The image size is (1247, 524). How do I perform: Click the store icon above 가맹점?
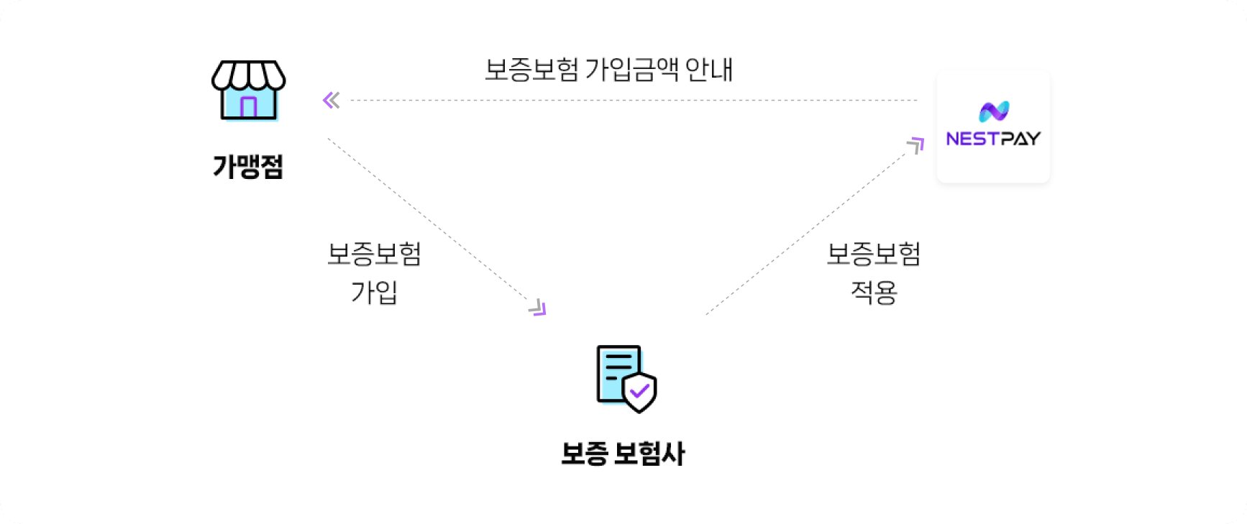248,91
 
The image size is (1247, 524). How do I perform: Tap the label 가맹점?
248,166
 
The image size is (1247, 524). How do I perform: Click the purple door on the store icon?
248,107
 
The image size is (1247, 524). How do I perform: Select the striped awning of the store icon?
248,75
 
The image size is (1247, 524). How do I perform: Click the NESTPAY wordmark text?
993,139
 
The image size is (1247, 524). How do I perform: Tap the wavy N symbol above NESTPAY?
994,111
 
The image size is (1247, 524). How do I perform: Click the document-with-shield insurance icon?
626,379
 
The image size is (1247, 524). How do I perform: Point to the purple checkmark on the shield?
639,392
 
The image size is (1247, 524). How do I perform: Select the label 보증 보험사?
623,454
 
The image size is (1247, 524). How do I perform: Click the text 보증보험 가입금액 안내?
609,70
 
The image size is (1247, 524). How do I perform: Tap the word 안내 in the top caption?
709,70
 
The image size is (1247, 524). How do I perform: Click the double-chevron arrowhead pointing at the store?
331,100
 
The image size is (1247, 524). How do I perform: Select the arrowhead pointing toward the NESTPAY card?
916,145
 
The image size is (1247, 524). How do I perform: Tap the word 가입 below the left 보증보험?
374,293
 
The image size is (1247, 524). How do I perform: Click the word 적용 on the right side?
874,293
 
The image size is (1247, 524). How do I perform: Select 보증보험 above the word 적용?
874,254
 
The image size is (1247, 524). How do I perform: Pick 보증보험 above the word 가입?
374,254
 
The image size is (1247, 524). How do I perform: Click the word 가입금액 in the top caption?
631,70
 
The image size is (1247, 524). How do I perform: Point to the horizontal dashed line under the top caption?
634,100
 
